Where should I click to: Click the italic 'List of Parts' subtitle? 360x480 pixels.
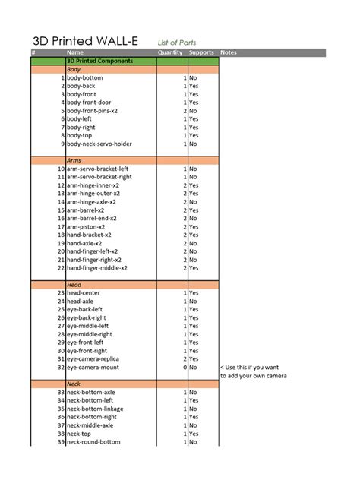[x=179, y=43]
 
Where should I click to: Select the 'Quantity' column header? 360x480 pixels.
[x=170, y=52]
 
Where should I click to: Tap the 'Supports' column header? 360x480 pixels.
[x=201, y=52]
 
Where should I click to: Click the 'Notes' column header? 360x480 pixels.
[x=229, y=52]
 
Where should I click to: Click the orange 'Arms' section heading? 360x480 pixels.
[x=74, y=160]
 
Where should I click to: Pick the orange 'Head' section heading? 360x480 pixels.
[x=74, y=285]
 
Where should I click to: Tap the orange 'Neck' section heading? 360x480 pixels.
[x=74, y=384]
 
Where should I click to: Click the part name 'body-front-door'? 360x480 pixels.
[x=89, y=103]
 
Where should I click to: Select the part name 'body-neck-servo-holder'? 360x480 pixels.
[x=99, y=144]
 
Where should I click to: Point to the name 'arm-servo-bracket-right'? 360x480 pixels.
[x=99, y=177]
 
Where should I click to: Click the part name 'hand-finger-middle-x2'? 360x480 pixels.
[x=97, y=268]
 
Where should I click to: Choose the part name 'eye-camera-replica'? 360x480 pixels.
[x=93, y=359]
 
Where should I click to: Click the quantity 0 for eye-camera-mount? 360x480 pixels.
[x=185, y=368]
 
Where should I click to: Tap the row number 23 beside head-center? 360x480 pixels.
[x=61, y=293]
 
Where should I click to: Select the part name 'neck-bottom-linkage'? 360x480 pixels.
[x=95, y=409]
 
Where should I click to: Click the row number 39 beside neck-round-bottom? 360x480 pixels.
[x=61, y=442]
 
